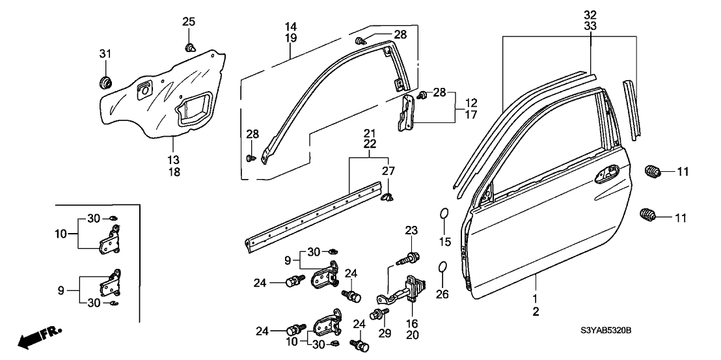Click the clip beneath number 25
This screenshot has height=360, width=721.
click(x=191, y=47)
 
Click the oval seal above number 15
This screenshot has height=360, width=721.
click(x=442, y=215)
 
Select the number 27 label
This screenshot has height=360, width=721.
click(x=388, y=171)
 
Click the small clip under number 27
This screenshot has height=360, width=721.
click(x=387, y=194)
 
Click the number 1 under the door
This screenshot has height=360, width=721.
click(x=536, y=299)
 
